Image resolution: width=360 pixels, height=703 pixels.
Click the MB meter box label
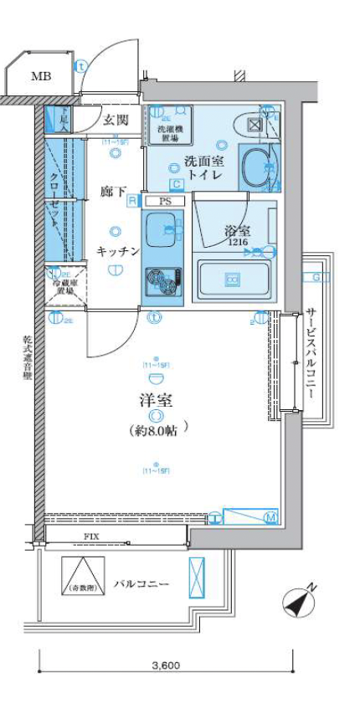[40, 76]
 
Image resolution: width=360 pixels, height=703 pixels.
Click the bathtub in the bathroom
[234, 278]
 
